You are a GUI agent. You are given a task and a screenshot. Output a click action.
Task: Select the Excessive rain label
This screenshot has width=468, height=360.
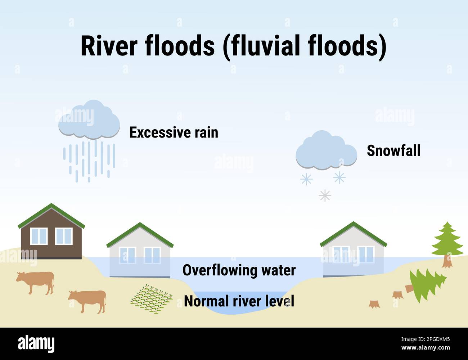174,132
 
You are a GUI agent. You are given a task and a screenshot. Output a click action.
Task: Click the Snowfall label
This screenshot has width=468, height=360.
393,150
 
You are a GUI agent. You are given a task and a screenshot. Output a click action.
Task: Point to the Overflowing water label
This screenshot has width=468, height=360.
239,270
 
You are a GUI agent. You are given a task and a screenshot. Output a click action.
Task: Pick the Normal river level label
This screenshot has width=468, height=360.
239,301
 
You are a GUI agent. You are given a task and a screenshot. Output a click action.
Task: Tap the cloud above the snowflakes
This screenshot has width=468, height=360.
326,152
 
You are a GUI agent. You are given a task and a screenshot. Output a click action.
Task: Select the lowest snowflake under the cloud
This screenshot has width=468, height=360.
325,195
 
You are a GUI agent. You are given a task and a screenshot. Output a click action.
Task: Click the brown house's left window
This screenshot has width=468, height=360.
39,236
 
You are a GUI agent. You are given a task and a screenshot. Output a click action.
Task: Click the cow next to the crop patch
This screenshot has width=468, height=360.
87,300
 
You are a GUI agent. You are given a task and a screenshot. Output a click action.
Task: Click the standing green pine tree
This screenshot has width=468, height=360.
447,241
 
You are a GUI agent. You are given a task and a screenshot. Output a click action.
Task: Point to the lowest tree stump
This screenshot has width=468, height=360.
374,304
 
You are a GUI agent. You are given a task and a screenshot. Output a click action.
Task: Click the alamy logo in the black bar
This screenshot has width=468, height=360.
36,344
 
